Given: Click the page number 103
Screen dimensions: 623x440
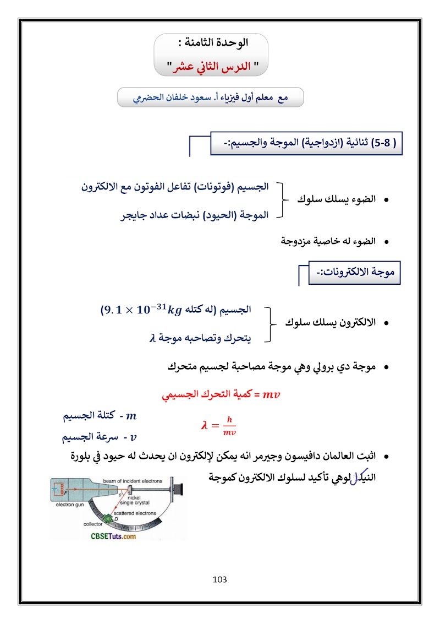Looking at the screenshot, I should (x=219, y=579).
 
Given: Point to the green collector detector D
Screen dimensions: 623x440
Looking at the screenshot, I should (x=114, y=519).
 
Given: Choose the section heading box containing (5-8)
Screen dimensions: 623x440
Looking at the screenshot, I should (x=306, y=143).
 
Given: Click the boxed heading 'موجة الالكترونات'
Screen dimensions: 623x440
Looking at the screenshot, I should (x=355, y=273).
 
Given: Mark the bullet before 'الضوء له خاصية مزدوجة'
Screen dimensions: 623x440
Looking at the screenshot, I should (x=386, y=241).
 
